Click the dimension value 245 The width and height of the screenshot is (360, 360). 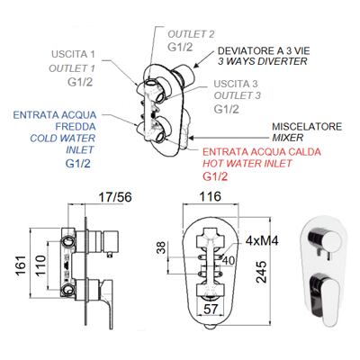coord(262,272)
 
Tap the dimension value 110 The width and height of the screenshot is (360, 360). coord(40,265)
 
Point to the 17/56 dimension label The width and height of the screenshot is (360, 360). coord(115,197)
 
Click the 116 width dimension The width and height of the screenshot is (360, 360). coord(211,196)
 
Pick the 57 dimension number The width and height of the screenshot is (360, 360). coord(211,309)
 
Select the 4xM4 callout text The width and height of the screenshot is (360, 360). coord(262,240)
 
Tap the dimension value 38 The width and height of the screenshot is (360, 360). coord(161,247)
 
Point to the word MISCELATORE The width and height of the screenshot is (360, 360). coord(307,126)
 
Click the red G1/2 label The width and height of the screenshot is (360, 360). coord(215,176)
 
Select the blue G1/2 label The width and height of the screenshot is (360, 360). coord(78,164)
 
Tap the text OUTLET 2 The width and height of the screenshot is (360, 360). coord(191,34)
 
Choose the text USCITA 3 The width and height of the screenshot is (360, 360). coord(236,84)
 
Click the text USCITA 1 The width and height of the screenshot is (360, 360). coord(73,55)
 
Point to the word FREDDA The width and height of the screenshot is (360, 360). coord(76,127)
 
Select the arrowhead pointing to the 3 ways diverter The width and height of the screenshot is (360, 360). coord(196,65)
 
